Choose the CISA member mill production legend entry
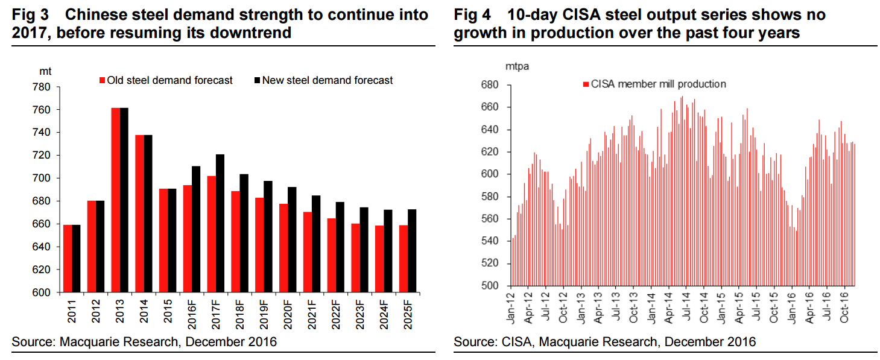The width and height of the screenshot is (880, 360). click(657, 84)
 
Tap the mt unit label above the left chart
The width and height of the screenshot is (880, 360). click(46, 71)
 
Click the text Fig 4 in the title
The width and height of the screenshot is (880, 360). click(472, 14)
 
